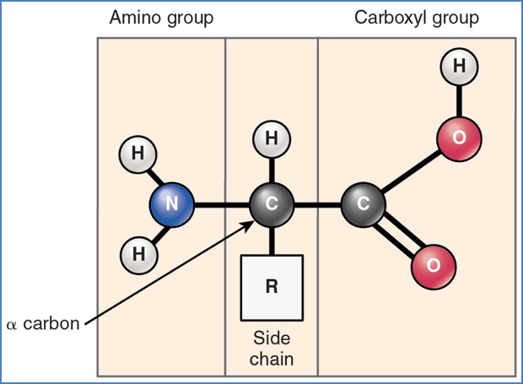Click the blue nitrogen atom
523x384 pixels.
[x=171, y=204]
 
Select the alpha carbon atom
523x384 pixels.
[x=272, y=204]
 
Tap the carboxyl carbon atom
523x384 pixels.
[x=364, y=204]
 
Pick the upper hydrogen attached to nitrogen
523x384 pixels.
[x=137, y=154]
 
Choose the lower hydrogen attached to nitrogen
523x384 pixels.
[x=137, y=253]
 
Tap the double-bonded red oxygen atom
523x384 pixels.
[x=434, y=266]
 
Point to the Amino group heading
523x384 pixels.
[x=162, y=18]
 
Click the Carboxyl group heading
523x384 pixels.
[x=417, y=18]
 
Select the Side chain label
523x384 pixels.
[x=272, y=348]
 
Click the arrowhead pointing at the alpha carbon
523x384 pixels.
[x=252, y=223]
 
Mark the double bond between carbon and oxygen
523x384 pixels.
[x=397, y=236]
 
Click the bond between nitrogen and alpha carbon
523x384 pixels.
[x=221, y=204]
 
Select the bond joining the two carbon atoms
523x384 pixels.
[x=317, y=204]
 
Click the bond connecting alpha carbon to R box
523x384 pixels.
[x=272, y=240]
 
